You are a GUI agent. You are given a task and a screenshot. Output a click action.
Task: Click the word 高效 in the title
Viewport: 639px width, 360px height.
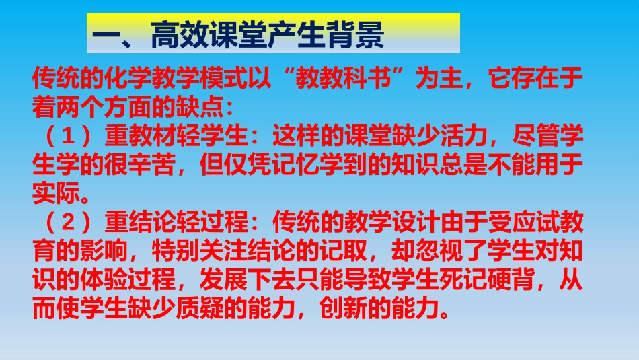coord(178,34)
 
